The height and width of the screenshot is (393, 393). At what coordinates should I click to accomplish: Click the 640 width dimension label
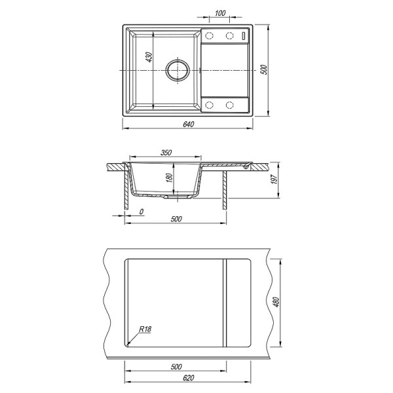click(189, 124)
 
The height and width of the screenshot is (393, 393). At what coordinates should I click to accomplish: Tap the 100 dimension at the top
click(220, 13)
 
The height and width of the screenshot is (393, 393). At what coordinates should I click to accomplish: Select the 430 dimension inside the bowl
click(149, 57)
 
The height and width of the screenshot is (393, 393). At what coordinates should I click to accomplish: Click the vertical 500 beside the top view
click(264, 69)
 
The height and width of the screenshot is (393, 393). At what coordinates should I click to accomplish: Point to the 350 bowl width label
click(166, 153)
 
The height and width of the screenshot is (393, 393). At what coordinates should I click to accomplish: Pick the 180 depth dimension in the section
click(170, 178)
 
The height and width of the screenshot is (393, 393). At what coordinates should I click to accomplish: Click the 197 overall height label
click(274, 179)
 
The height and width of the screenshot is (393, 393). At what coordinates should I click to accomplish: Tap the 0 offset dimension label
click(141, 212)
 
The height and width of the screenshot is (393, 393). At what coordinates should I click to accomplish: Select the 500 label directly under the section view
click(176, 219)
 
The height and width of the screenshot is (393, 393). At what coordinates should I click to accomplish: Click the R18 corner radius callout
click(145, 329)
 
